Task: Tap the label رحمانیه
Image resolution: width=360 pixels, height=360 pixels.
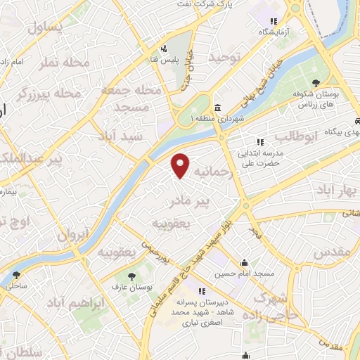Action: tap(212, 172)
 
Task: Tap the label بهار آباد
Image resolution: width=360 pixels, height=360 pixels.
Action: tap(337, 191)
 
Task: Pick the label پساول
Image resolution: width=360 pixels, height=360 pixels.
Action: tap(45, 27)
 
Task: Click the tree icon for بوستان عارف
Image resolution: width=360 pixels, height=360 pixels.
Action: tap(130, 276)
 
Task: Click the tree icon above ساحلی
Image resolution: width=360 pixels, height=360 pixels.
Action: tap(16, 275)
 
